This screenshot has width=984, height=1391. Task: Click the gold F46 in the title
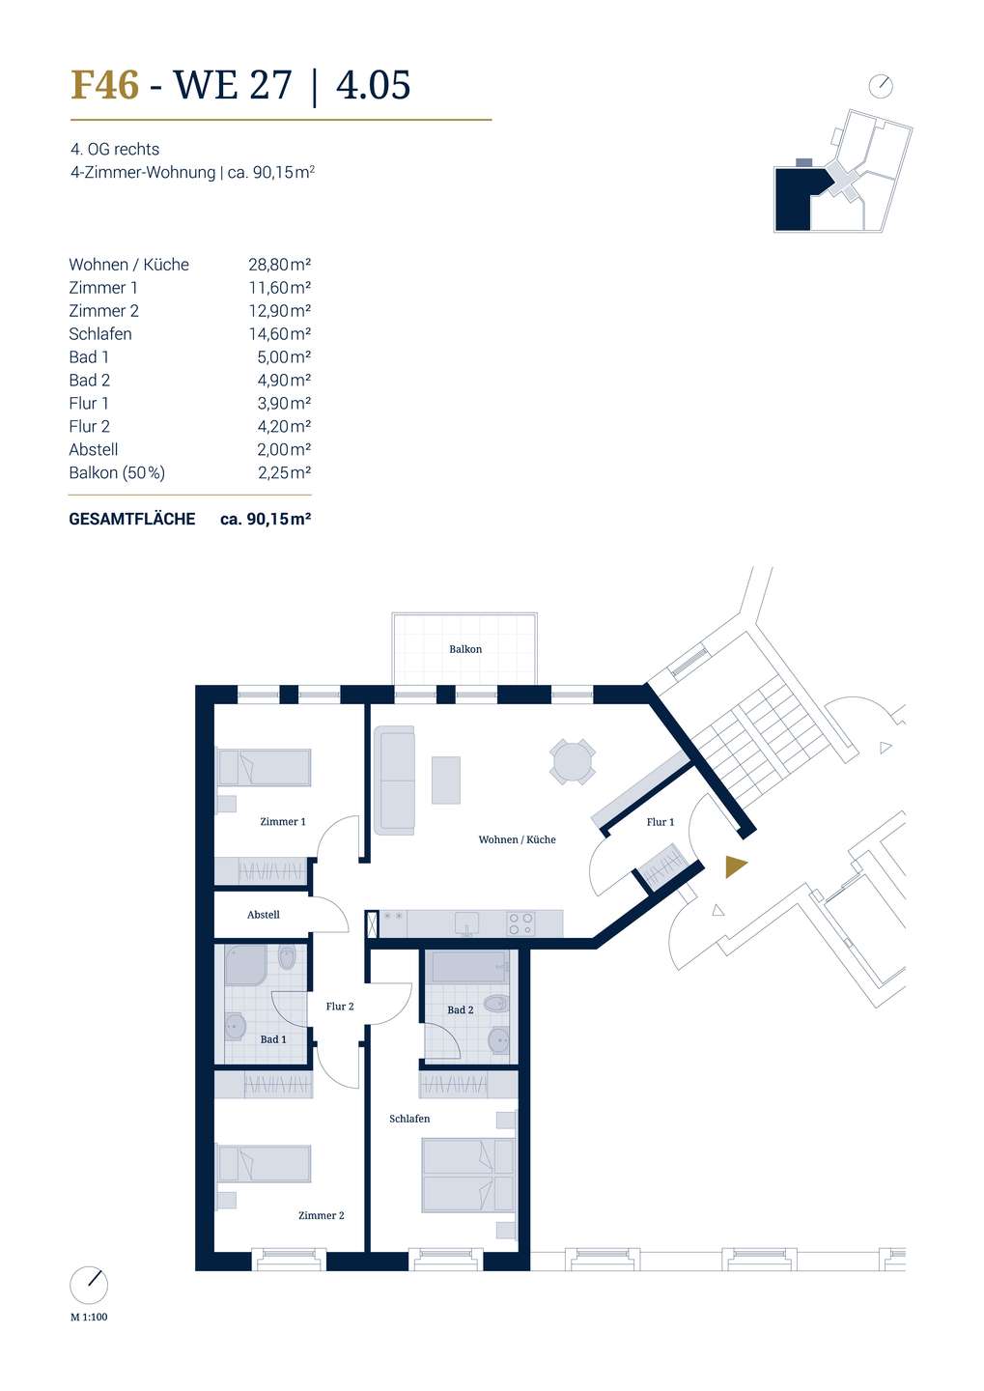(x=105, y=84)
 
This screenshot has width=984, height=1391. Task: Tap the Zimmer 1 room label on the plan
(x=283, y=821)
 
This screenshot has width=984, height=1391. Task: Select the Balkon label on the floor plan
(x=465, y=649)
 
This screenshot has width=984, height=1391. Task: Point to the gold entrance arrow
(x=735, y=866)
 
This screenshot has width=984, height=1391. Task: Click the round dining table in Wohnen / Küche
(x=572, y=761)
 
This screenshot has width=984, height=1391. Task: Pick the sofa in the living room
(x=394, y=780)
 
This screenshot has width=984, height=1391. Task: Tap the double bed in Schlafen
(x=468, y=1175)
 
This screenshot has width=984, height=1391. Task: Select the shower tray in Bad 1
(x=246, y=966)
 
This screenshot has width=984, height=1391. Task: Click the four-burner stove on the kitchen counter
(x=520, y=923)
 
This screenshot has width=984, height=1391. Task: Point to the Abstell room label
(x=264, y=915)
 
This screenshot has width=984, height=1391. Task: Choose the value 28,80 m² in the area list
(x=279, y=265)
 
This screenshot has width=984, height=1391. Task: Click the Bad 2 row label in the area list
(x=90, y=380)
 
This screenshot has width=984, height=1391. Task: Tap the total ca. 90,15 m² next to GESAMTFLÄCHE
(x=266, y=519)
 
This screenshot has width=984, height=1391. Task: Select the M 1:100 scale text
(x=89, y=1318)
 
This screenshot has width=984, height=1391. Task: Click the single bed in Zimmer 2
(x=264, y=1164)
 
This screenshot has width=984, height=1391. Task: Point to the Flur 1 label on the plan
(x=660, y=821)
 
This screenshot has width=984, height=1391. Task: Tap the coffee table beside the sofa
(x=446, y=780)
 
